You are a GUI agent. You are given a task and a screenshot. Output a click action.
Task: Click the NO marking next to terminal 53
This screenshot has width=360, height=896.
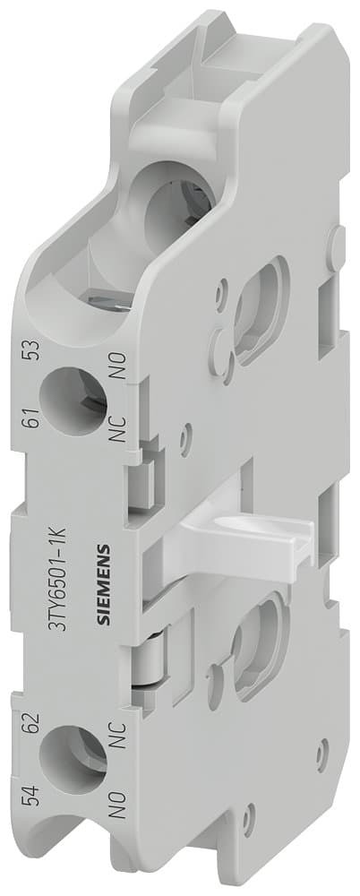pos(115,344)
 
